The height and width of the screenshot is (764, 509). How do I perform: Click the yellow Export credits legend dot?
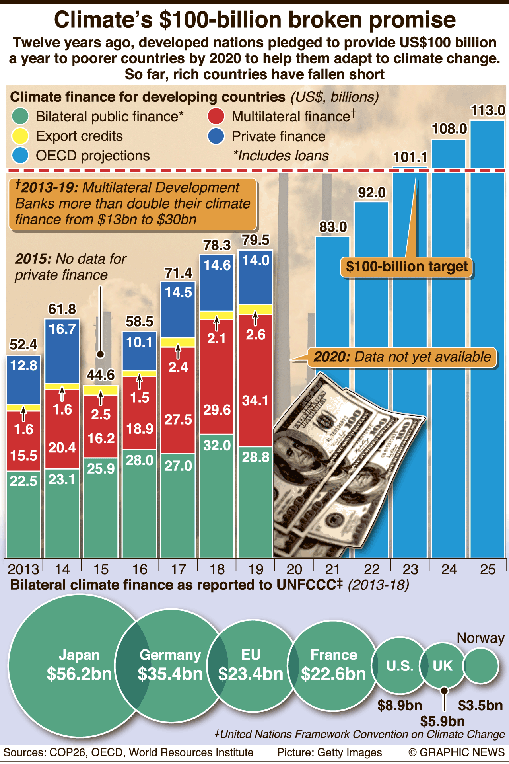[x=20, y=136]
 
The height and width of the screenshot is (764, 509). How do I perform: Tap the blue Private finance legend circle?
[x=216, y=136]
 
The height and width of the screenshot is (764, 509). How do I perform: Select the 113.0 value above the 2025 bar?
[x=488, y=110]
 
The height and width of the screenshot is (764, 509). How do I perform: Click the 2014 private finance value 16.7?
[x=62, y=329]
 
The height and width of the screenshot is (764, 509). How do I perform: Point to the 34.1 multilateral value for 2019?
[x=255, y=400]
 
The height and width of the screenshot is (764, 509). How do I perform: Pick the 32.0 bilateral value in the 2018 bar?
[x=217, y=445]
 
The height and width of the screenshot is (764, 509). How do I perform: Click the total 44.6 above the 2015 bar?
[x=101, y=375]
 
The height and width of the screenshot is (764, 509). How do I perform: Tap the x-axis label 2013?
[x=23, y=569]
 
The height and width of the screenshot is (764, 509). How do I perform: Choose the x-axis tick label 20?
[x=294, y=569]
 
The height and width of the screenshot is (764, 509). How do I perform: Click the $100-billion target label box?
[x=406, y=267]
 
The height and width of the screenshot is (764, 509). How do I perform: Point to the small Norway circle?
[x=481, y=666]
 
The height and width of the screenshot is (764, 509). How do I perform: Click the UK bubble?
[x=443, y=666]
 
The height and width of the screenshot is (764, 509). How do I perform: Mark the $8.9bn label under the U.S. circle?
[x=399, y=706]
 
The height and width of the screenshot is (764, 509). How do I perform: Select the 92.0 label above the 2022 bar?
[x=371, y=193]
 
